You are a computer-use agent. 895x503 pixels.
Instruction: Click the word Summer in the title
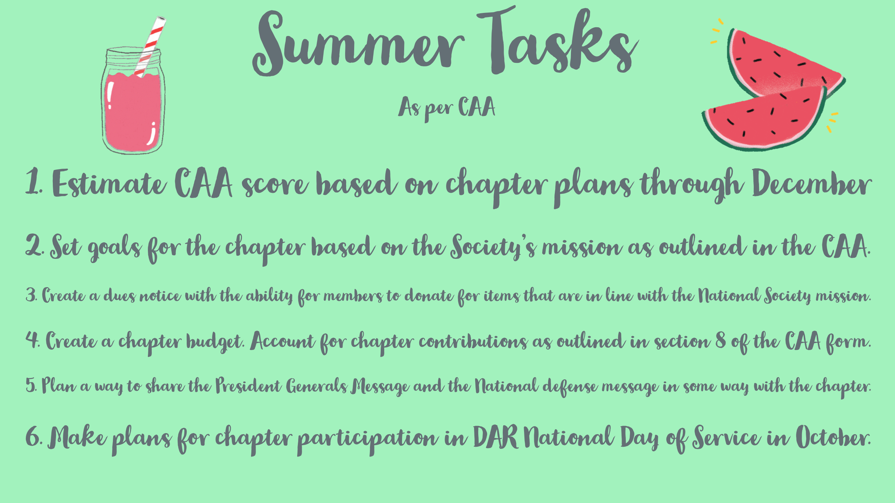click(x=358, y=44)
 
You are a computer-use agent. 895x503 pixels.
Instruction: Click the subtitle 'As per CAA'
click(x=447, y=108)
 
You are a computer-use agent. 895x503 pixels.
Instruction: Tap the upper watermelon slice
click(x=783, y=63)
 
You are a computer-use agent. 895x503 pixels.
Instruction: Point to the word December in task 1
click(x=812, y=183)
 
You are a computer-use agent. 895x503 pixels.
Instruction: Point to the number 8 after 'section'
click(x=721, y=340)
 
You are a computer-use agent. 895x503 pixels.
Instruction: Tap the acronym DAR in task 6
click(x=495, y=437)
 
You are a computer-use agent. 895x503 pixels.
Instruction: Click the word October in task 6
click(x=833, y=437)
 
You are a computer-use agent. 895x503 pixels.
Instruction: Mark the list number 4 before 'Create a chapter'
click(x=32, y=340)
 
